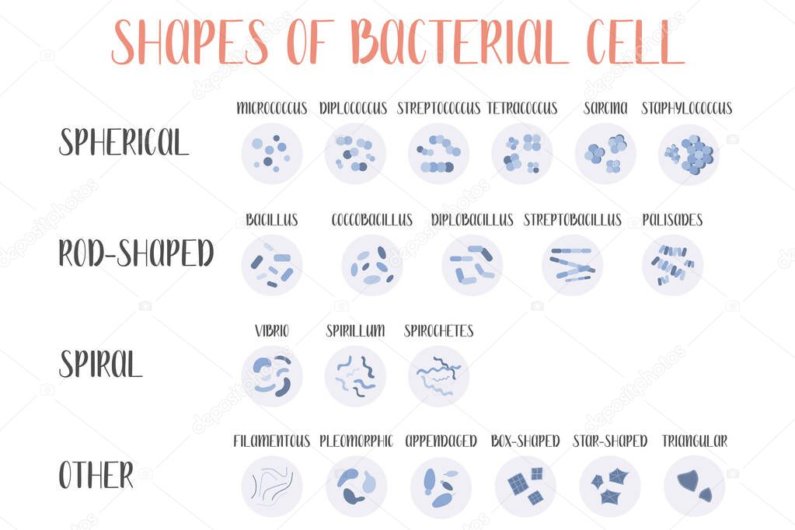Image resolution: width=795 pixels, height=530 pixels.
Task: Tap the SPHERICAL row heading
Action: (x=124, y=142)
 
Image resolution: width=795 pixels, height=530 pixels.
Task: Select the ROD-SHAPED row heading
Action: (x=136, y=253)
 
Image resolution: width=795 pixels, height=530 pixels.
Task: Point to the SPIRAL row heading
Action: (x=101, y=364)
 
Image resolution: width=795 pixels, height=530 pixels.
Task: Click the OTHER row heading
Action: (x=96, y=475)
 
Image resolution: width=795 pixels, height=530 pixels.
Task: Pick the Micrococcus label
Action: (x=271, y=109)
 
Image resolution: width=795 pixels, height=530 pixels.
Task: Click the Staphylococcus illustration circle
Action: (x=689, y=154)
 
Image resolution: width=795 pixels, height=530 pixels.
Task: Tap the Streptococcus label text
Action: (x=438, y=109)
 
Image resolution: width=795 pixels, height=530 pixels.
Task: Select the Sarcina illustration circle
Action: (x=605, y=154)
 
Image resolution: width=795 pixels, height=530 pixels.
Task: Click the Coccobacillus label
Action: (x=371, y=220)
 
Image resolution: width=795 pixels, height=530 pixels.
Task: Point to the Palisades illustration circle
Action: (x=672, y=265)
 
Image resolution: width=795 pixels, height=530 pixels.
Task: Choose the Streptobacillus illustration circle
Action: (x=572, y=265)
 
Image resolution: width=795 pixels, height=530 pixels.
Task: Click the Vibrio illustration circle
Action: (x=271, y=376)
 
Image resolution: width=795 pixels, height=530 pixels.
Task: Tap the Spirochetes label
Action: (x=438, y=331)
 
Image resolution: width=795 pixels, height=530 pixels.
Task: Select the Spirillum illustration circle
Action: (x=355, y=376)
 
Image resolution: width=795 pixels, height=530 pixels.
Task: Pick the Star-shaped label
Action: (x=609, y=441)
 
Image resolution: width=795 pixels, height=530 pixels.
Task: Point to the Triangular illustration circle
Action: (x=694, y=486)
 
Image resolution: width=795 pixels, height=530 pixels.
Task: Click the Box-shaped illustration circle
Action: (x=525, y=486)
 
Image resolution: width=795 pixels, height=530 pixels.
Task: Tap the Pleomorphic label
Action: (x=356, y=441)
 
